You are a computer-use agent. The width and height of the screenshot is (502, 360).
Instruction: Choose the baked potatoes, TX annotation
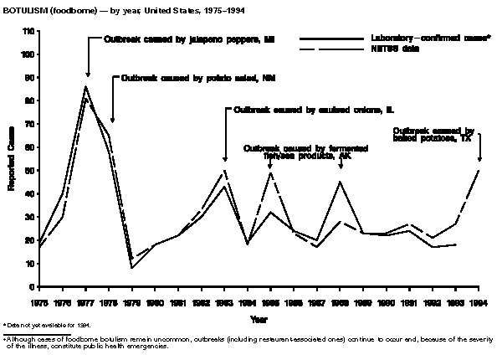click(433, 135)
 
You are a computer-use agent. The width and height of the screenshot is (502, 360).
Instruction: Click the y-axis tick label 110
click(28, 31)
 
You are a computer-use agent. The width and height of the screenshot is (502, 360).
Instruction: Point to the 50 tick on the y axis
click(29, 171)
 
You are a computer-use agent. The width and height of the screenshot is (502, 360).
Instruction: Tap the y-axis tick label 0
click(32, 287)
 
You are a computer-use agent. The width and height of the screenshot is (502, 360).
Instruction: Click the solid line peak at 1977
click(85, 86)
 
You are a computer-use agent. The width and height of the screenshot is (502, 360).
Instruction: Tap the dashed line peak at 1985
click(270, 172)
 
